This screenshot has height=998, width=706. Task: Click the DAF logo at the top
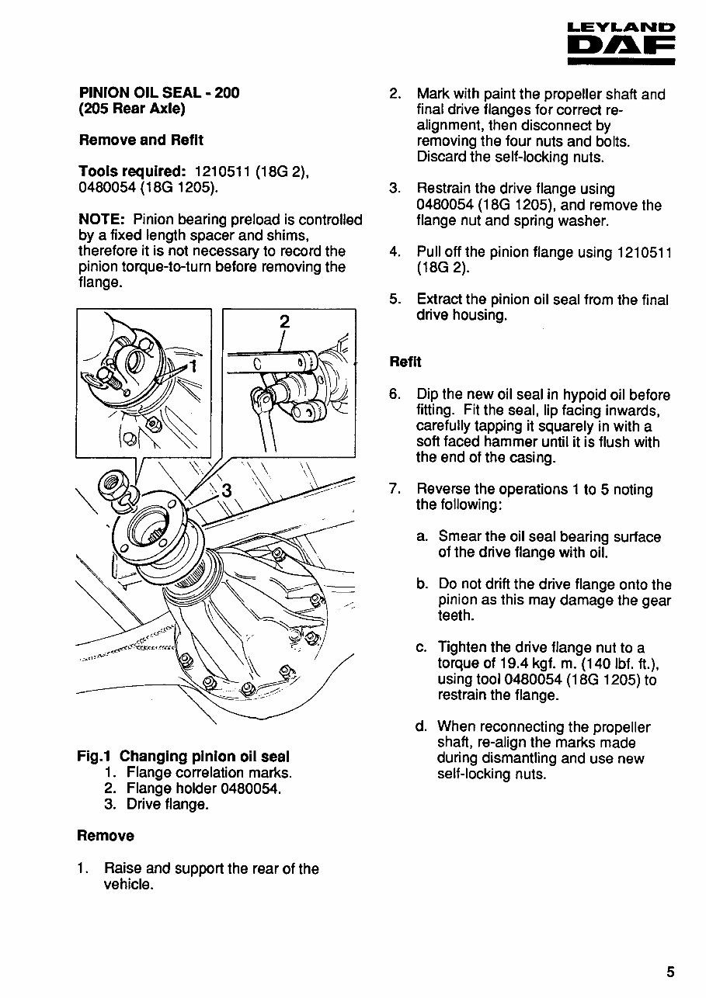[621, 47]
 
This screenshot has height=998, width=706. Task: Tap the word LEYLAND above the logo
[621, 28]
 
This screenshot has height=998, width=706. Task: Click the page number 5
[670, 972]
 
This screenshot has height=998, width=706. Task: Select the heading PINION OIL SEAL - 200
[159, 93]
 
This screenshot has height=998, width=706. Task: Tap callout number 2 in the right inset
[284, 322]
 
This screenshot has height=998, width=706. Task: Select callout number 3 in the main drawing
[227, 490]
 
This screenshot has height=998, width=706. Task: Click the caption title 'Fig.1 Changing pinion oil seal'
[183, 757]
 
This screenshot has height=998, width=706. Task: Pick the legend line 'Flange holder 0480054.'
[203, 788]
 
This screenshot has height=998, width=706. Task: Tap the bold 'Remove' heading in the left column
[106, 836]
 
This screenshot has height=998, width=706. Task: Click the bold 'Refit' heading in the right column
[405, 362]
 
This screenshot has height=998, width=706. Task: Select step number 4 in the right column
[395, 252]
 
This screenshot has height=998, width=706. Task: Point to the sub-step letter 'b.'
[423, 584]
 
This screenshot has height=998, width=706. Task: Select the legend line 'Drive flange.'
[168, 805]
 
